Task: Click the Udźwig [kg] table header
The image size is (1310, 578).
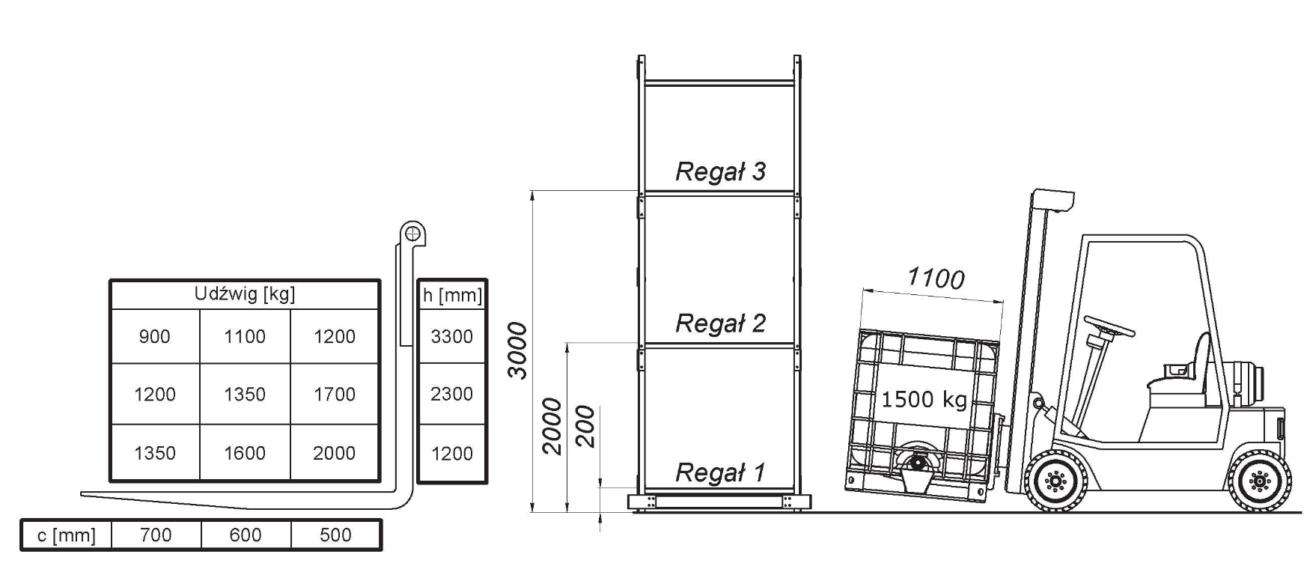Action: pos(245,294)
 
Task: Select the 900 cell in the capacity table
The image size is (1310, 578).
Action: pos(155,337)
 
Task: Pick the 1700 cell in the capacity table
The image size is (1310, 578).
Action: pos(335,395)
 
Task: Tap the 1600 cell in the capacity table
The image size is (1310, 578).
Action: pos(245,453)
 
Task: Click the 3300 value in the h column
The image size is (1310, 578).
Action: pos(451,337)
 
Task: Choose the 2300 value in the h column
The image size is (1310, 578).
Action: pos(451,395)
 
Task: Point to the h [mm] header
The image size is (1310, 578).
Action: pos(452,295)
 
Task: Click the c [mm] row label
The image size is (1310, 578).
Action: pos(67,535)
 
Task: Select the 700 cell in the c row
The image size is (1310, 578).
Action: pos(156,535)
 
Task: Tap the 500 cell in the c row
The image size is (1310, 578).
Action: pos(335,535)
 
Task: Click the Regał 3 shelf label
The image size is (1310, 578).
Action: pos(720,171)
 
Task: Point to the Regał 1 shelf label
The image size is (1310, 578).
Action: pos(720,472)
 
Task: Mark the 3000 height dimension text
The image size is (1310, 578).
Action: pos(519,350)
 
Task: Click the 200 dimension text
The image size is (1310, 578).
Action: pos(585,427)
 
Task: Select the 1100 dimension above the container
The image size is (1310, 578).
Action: pos(936,279)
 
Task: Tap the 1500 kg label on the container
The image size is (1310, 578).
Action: pos(924,399)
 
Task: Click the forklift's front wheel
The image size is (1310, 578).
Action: pos(1055,481)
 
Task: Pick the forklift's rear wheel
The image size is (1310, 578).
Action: pos(1261,481)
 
